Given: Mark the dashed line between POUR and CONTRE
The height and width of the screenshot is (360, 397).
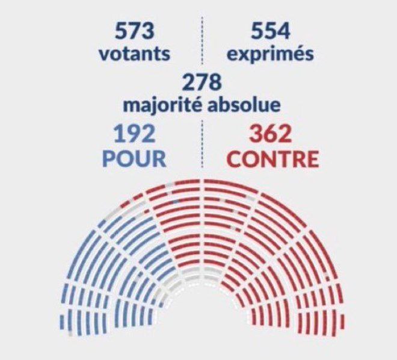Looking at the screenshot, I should coord(202,144).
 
